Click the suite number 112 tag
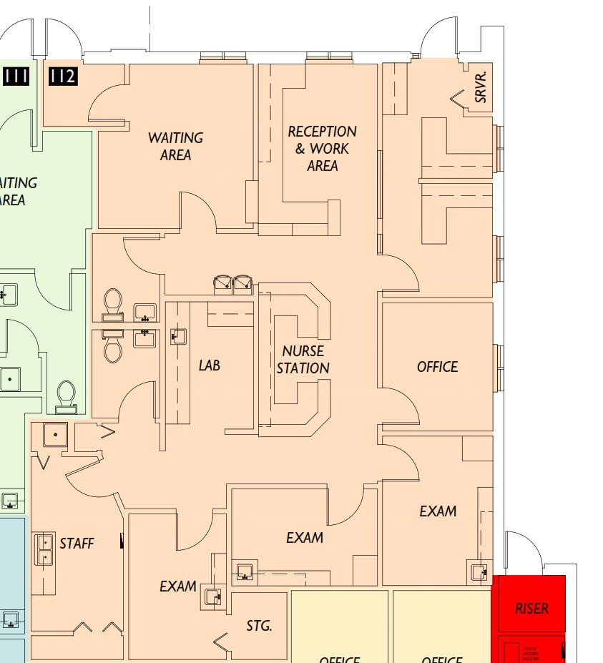point(62,75)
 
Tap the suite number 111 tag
point(16,75)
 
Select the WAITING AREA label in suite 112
point(175,146)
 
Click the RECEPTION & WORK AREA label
point(322,149)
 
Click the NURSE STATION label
point(303,360)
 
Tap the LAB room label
point(209,365)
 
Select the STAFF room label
point(77,544)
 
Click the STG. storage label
point(259,626)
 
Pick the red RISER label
point(531,609)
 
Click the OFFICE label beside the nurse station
point(437,367)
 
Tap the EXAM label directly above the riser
point(438,511)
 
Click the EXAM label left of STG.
point(178,586)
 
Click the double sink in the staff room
point(44,549)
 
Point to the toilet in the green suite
point(66,395)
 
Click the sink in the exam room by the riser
point(478,571)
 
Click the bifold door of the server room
point(459,99)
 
